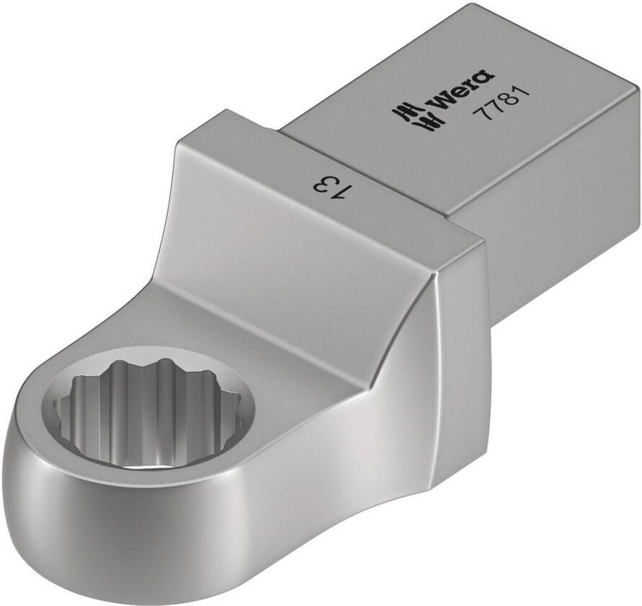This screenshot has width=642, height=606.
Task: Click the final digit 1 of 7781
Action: coord(523,94)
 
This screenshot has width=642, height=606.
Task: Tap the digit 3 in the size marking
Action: coord(323,184)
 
